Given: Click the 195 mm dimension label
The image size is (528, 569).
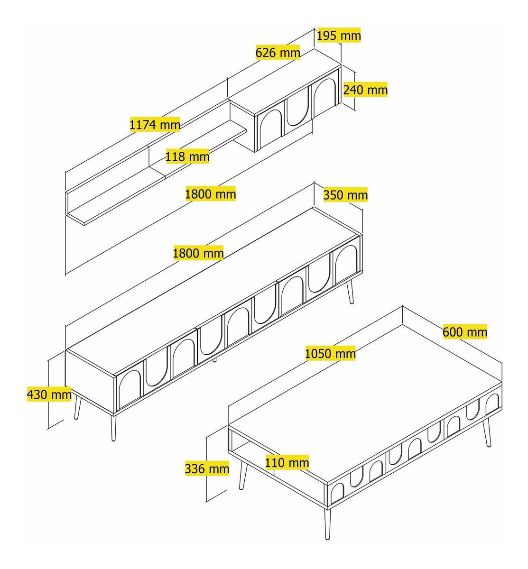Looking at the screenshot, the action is pos(339,36).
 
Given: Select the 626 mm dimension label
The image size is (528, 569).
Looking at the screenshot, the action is pos(278,53).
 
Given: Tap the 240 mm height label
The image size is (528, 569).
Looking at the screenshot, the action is pos(365,90).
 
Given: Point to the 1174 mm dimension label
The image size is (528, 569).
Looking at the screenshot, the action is pos(155,125).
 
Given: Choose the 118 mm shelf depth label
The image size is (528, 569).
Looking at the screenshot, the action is pos(187,156).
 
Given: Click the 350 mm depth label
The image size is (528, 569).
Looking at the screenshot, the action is pos(345,195).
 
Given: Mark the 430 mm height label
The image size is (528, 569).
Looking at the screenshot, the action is pos(49,394).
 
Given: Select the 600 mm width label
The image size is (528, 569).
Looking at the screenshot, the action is pos(464,332).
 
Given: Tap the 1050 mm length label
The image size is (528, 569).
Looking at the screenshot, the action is pos(330,353).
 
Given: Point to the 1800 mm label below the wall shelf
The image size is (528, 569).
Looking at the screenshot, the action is pos(211,193).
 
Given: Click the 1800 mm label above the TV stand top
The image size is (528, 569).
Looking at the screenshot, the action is pos(198,253).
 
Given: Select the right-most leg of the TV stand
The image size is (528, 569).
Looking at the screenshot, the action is pos(350,292).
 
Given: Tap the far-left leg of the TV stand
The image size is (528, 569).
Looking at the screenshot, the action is pos(78,408).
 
